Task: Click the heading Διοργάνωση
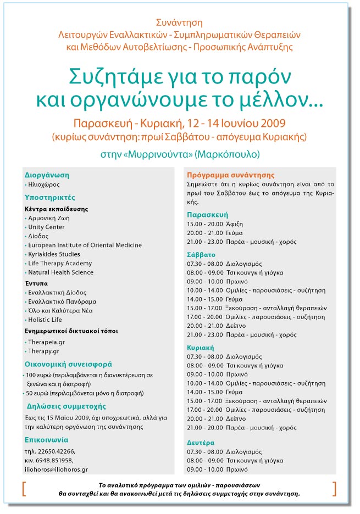(47, 175)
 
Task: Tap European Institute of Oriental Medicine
(85, 245)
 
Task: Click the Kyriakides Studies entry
(54, 254)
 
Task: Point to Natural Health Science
(60, 272)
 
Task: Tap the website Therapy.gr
(44, 350)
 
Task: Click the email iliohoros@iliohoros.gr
(56, 470)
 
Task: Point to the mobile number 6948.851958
(54, 460)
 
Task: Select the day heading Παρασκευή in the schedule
(207, 215)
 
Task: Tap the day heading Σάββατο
(201, 255)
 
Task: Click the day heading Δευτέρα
(201, 443)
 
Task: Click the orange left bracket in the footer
(24, 488)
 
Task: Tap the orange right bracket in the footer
(335, 488)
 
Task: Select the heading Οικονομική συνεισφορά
(60, 364)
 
